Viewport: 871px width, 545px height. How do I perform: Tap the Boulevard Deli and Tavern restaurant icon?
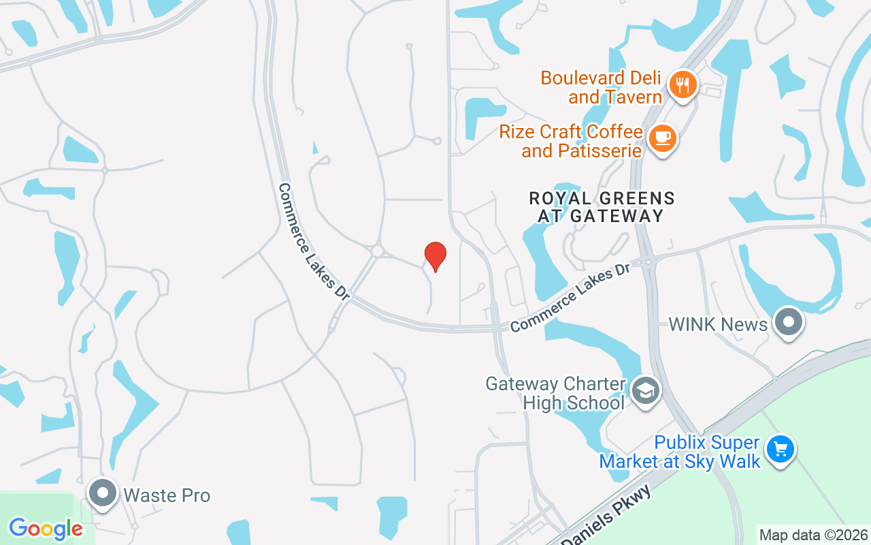(x=683, y=85)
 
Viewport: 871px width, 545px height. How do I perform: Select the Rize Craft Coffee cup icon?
(x=662, y=138)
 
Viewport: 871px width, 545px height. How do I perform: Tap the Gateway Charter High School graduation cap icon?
(x=645, y=391)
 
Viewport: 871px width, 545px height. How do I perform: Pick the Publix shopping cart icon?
(x=780, y=450)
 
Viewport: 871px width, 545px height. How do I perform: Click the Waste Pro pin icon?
(x=103, y=493)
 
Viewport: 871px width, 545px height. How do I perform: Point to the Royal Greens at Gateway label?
(x=602, y=207)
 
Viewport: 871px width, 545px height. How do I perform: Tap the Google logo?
(x=46, y=529)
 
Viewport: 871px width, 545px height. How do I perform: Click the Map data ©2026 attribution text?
(x=814, y=535)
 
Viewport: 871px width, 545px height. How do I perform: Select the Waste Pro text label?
(x=167, y=495)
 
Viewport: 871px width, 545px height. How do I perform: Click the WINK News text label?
(x=718, y=324)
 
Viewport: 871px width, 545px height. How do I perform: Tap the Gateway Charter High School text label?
(x=555, y=393)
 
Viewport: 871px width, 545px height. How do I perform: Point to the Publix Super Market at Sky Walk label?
(x=680, y=452)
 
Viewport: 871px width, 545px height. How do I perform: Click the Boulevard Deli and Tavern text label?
(x=602, y=87)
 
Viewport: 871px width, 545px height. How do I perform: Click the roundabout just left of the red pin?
(x=377, y=251)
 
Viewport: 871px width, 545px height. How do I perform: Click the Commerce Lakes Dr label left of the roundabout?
(x=314, y=242)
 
